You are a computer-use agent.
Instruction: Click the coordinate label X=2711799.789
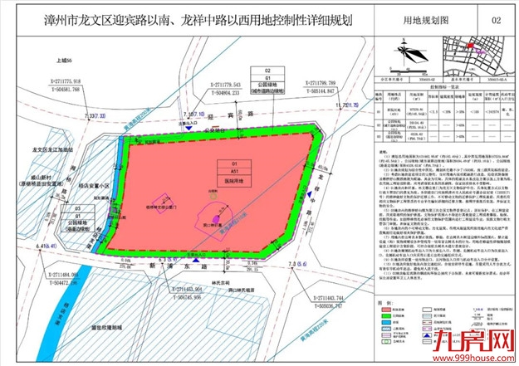328,85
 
